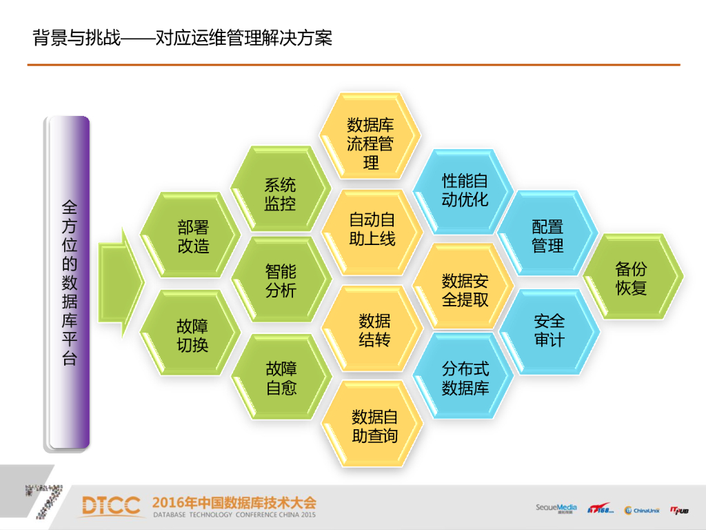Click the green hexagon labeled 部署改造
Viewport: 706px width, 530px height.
193,237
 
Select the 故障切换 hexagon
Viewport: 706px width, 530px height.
193,335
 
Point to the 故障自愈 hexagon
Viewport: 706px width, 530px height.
281,378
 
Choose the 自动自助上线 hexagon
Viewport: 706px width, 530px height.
372,230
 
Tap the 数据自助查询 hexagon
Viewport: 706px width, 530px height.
374,426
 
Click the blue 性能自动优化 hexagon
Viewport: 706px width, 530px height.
465,190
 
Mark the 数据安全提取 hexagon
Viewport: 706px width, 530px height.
465,290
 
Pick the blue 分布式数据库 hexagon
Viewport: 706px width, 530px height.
465,378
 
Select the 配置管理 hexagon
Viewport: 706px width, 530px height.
548,236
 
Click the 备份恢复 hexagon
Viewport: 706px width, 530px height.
632,278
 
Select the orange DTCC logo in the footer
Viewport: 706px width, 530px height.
110,506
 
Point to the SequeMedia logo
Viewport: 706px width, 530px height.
556,509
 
